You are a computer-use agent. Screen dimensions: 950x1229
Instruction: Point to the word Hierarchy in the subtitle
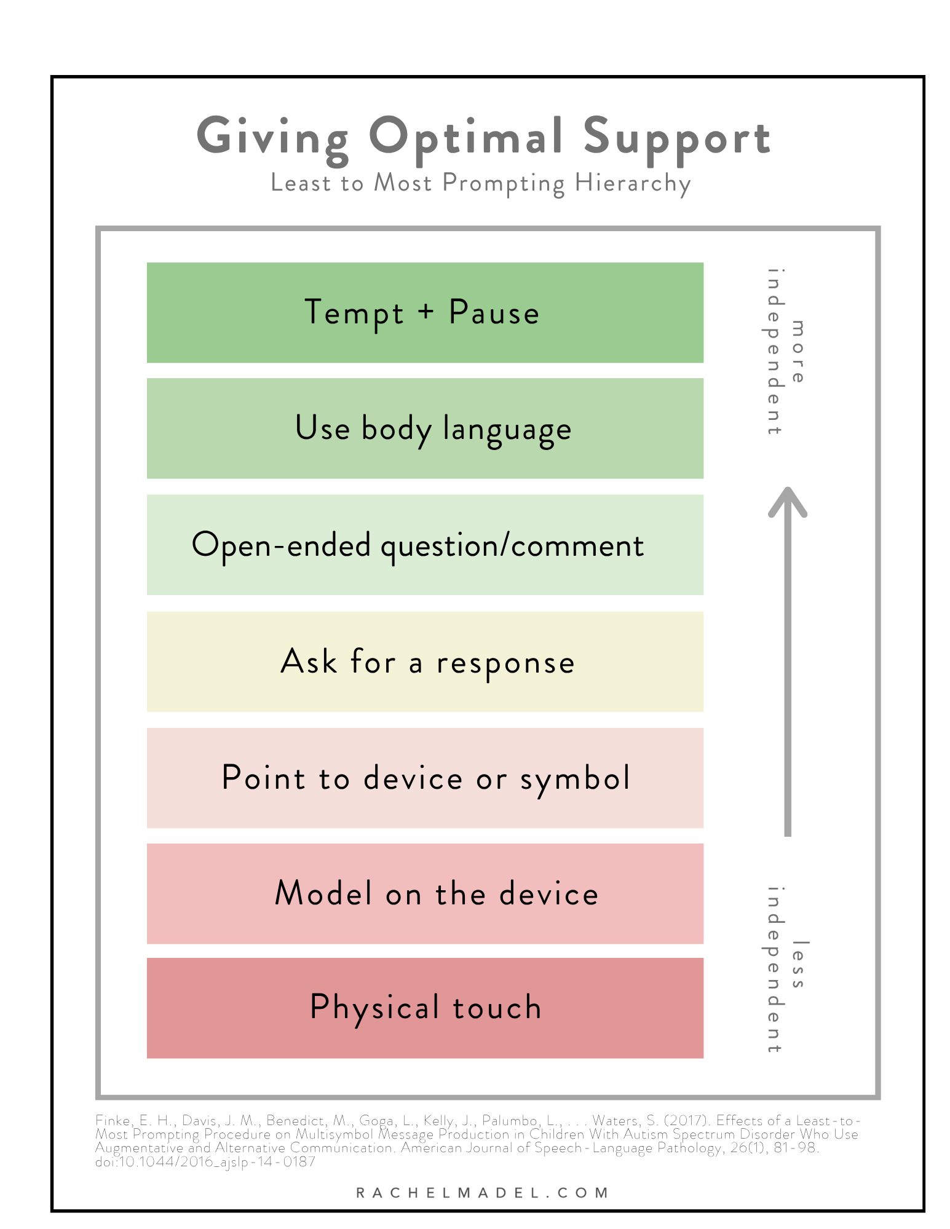[x=633, y=184]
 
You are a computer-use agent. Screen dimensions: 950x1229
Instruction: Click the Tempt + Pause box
[x=425, y=312]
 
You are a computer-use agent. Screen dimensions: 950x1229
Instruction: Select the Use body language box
[x=425, y=428]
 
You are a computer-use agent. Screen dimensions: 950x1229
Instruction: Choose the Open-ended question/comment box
[x=425, y=545]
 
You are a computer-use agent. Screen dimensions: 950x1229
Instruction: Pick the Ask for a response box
[x=425, y=662]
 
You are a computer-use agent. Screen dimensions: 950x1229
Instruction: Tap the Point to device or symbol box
[x=425, y=778]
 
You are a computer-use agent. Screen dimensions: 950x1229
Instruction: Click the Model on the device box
[x=425, y=893]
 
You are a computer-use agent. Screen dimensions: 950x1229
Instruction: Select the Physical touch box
[x=425, y=1008]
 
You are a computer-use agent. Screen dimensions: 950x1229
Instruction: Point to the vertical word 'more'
[x=798, y=351]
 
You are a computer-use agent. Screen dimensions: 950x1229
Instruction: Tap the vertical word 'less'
[x=798, y=964]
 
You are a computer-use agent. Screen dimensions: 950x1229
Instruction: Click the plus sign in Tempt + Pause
[x=426, y=312]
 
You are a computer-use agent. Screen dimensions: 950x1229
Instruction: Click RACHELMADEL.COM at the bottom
[x=482, y=1193]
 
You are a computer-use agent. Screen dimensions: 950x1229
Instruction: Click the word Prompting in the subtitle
[x=503, y=184]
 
